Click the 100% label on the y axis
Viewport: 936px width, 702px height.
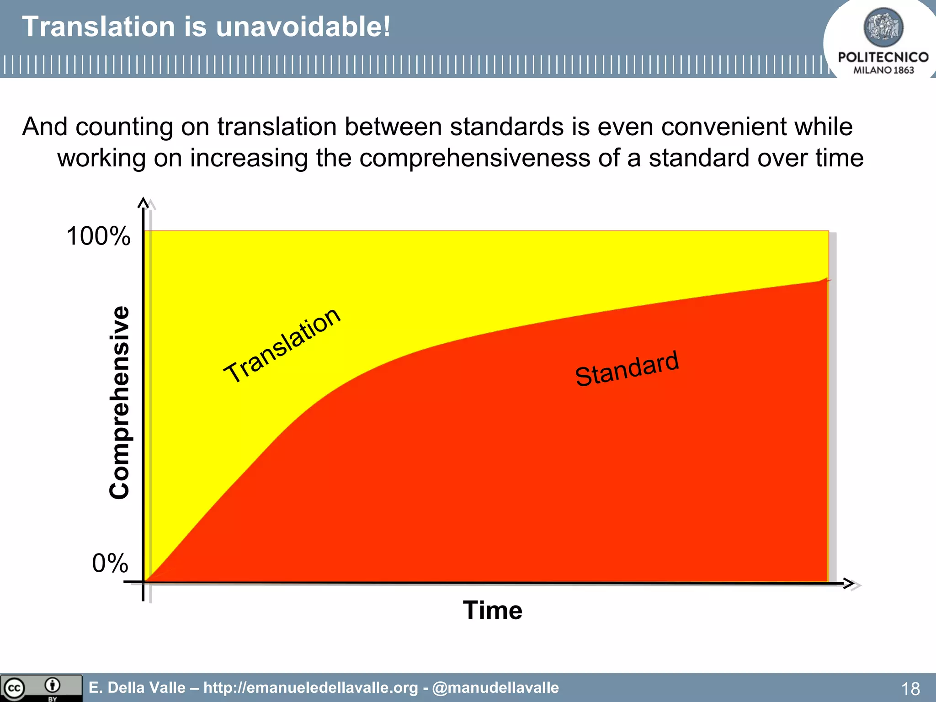(98, 236)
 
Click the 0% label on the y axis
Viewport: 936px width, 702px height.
(110, 563)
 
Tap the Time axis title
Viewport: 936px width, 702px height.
(492, 610)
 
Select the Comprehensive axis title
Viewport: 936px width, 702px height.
(120, 402)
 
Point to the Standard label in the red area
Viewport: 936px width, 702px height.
(627, 369)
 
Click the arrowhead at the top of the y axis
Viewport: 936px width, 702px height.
(144, 203)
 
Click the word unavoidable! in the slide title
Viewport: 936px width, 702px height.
(303, 27)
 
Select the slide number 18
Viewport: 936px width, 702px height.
(910, 688)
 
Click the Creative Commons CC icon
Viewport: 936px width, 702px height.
(14, 688)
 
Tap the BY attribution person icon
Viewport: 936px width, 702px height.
(53, 685)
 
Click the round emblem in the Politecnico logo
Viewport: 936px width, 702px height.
(883, 27)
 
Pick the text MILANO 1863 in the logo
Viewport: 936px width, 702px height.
(883, 70)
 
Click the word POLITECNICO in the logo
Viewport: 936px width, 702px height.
(883, 57)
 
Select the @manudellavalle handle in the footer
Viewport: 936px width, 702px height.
(495, 687)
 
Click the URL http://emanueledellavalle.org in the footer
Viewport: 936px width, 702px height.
(310, 687)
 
